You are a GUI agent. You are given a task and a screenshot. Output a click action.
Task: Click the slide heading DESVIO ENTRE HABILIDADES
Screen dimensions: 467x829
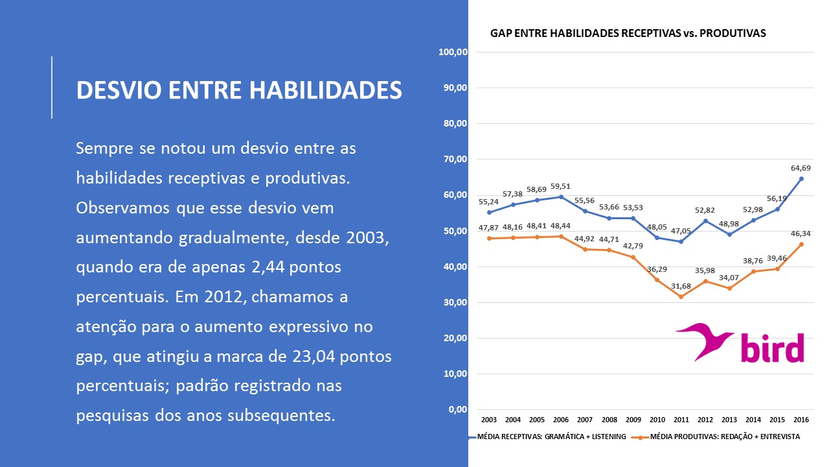click(239, 90)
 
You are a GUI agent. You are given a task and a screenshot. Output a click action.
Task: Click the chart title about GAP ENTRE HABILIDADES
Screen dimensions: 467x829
click(628, 33)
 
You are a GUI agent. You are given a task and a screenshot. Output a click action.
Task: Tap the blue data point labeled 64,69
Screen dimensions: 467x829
click(801, 178)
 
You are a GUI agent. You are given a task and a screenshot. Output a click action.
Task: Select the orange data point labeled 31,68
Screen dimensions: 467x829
click(681, 296)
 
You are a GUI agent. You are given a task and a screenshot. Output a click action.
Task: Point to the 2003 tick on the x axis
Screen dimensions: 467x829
click(488, 420)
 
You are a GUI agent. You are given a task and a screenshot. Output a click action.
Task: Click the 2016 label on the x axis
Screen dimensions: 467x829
click(801, 420)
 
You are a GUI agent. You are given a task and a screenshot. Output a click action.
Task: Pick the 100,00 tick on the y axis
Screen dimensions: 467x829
click(453, 52)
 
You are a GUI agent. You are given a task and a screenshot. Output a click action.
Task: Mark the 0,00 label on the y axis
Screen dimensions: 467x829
click(457, 410)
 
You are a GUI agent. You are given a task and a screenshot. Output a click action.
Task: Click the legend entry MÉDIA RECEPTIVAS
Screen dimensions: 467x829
click(551, 437)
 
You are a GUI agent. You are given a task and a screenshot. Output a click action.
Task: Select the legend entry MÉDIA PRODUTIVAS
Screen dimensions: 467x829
click(724, 437)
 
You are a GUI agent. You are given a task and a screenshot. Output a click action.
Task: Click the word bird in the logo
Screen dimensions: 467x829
click(773, 348)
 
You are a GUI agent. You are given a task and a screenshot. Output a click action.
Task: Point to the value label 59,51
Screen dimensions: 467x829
click(561, 186)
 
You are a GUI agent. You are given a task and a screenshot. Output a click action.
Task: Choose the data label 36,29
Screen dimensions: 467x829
click(657, 269)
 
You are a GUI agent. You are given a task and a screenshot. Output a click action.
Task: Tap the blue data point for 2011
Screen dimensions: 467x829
click(681, 241)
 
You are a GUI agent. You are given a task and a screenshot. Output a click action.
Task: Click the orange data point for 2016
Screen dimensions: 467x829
click(801, 244)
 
